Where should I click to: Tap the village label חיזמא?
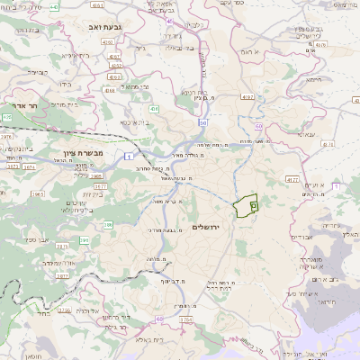pyautogui.click(x=314, y=79)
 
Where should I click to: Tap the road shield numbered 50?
pyautogui.click(x=204, y=121)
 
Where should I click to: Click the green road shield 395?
pyautogui.click(x=85, y=240)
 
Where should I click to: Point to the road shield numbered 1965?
pyautogui.click(x=39, y=193)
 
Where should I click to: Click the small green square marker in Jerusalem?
pyautogui.click(x=254, y=205)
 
